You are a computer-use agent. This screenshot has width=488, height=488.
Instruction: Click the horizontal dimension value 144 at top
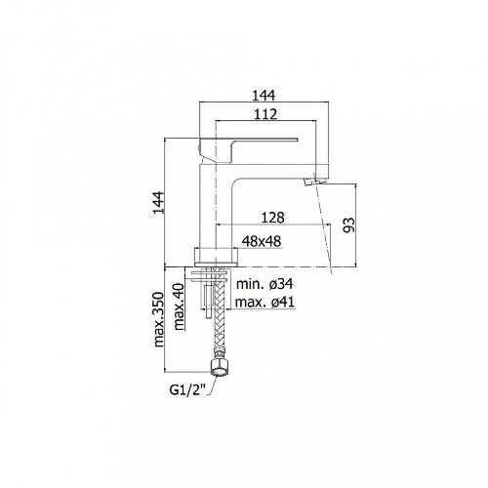pos(264,96)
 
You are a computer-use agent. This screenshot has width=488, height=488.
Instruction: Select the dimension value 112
pos(265,114)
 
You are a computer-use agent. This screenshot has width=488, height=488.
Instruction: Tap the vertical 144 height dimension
pos(159,203)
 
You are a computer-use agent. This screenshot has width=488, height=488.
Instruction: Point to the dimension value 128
pos(272,218)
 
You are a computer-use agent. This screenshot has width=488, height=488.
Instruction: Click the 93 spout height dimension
pos(348,225)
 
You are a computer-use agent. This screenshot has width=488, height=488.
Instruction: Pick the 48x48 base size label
pos(262,241)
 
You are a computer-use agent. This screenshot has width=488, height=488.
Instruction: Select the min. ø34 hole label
pos(264,284)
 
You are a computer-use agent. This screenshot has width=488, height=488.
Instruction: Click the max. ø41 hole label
pos(264,303)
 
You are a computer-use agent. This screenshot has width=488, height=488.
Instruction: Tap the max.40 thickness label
pos(180,306)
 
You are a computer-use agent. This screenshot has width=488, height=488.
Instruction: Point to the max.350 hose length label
pos(159,319)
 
